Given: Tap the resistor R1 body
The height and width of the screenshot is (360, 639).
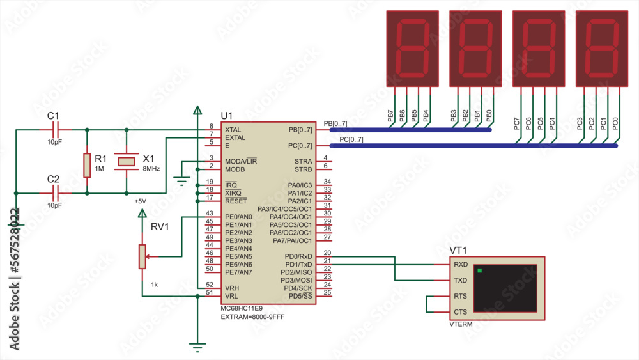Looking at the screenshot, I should click(x=86, y=165).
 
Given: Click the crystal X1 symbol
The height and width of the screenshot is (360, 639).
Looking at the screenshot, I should click(x=127, y=161).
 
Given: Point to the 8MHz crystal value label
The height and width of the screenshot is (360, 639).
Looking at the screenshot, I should click(x=151, y=168).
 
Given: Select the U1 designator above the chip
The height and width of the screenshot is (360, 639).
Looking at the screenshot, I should click(x=227, y=115).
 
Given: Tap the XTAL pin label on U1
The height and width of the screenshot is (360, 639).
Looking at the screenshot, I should click(x=233, y=130).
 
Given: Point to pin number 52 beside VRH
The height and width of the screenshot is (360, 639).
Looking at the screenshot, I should click(x=209, y=285).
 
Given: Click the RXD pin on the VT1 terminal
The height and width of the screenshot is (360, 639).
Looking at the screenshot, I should click(x=460, y=264).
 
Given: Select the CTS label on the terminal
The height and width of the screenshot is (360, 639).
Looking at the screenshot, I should click(x=460, y=312).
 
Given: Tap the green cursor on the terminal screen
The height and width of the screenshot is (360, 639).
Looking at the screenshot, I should click(x=479, y=270).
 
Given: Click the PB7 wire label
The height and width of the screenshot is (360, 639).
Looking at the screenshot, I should click(x=390, y=116).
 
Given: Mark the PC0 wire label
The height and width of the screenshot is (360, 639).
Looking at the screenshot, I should click(x=615, y=123).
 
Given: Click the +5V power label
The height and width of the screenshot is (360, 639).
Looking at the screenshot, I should click(x=140, y=201).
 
